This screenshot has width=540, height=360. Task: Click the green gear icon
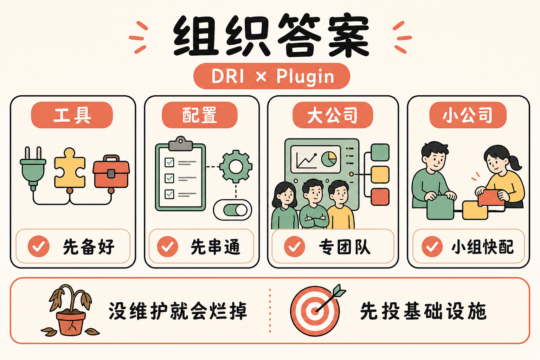point(236,166)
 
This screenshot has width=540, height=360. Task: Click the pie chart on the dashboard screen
point(329,159)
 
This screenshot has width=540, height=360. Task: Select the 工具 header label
point(72,115)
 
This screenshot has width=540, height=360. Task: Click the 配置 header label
point(200,115)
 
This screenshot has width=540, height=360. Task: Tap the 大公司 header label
point(333,115)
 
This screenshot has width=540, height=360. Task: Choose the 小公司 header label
point(468,115)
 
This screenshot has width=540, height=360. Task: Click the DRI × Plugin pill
point(272,76)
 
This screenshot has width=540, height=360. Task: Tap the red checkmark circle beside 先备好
point(39,246)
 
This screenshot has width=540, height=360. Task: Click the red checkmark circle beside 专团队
point(294,246)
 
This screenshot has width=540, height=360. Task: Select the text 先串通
point(215,247)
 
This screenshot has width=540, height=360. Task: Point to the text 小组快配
point(483,247)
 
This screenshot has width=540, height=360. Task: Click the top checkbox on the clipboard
point(169,162)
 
